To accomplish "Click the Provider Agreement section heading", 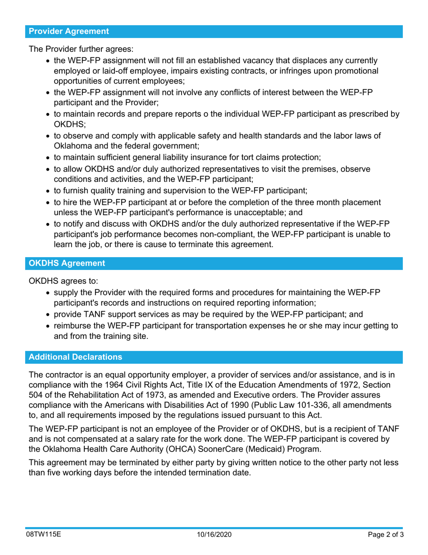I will (x=68, y=32).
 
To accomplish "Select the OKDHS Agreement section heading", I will (x=67, y=263).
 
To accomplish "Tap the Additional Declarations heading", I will (x=75, y=357).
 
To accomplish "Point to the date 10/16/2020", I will (x=214, y=535).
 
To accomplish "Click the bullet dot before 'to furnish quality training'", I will (x=48, y=191).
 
